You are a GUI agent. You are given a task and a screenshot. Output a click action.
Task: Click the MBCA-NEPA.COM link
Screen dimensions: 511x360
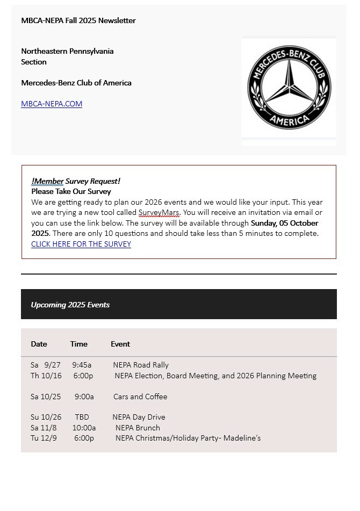[52, 104]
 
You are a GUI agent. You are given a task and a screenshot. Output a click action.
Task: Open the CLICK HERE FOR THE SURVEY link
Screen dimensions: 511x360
[81, 244]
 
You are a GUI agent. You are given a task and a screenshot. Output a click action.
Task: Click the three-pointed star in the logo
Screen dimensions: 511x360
[289, 86]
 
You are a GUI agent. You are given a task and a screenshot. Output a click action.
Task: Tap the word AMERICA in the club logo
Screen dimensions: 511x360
[289, 119]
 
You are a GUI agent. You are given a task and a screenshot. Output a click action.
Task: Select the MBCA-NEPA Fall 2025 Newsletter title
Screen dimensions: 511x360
[78, 20]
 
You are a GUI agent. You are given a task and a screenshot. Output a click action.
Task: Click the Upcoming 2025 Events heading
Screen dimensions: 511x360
[70, 305]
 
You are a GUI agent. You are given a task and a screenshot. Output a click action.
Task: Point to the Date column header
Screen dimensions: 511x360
[39, 344]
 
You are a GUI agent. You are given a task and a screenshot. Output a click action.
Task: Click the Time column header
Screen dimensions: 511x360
[78, 344]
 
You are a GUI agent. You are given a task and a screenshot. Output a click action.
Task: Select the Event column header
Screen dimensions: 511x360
[120, 344]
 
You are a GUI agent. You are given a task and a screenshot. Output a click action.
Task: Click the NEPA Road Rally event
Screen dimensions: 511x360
[141, 365]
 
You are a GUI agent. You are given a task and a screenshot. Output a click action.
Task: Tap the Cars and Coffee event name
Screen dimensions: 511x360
[140, 397]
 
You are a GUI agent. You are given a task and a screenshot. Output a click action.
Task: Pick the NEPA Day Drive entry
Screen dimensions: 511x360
[139, 417]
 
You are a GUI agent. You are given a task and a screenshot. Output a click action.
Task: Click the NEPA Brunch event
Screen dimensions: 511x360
[138, 428]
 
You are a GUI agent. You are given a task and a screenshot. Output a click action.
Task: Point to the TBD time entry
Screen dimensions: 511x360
[82, 417]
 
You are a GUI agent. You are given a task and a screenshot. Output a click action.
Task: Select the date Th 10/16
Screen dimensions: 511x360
[46, 376]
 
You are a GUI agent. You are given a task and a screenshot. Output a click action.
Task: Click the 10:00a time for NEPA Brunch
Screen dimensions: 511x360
[84, 428]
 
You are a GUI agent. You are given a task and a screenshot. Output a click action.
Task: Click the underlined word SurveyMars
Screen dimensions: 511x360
[159, 212]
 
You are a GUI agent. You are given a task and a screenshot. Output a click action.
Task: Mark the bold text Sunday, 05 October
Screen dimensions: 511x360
[284, 223]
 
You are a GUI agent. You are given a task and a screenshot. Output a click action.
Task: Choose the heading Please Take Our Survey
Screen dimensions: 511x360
[71, 191]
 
